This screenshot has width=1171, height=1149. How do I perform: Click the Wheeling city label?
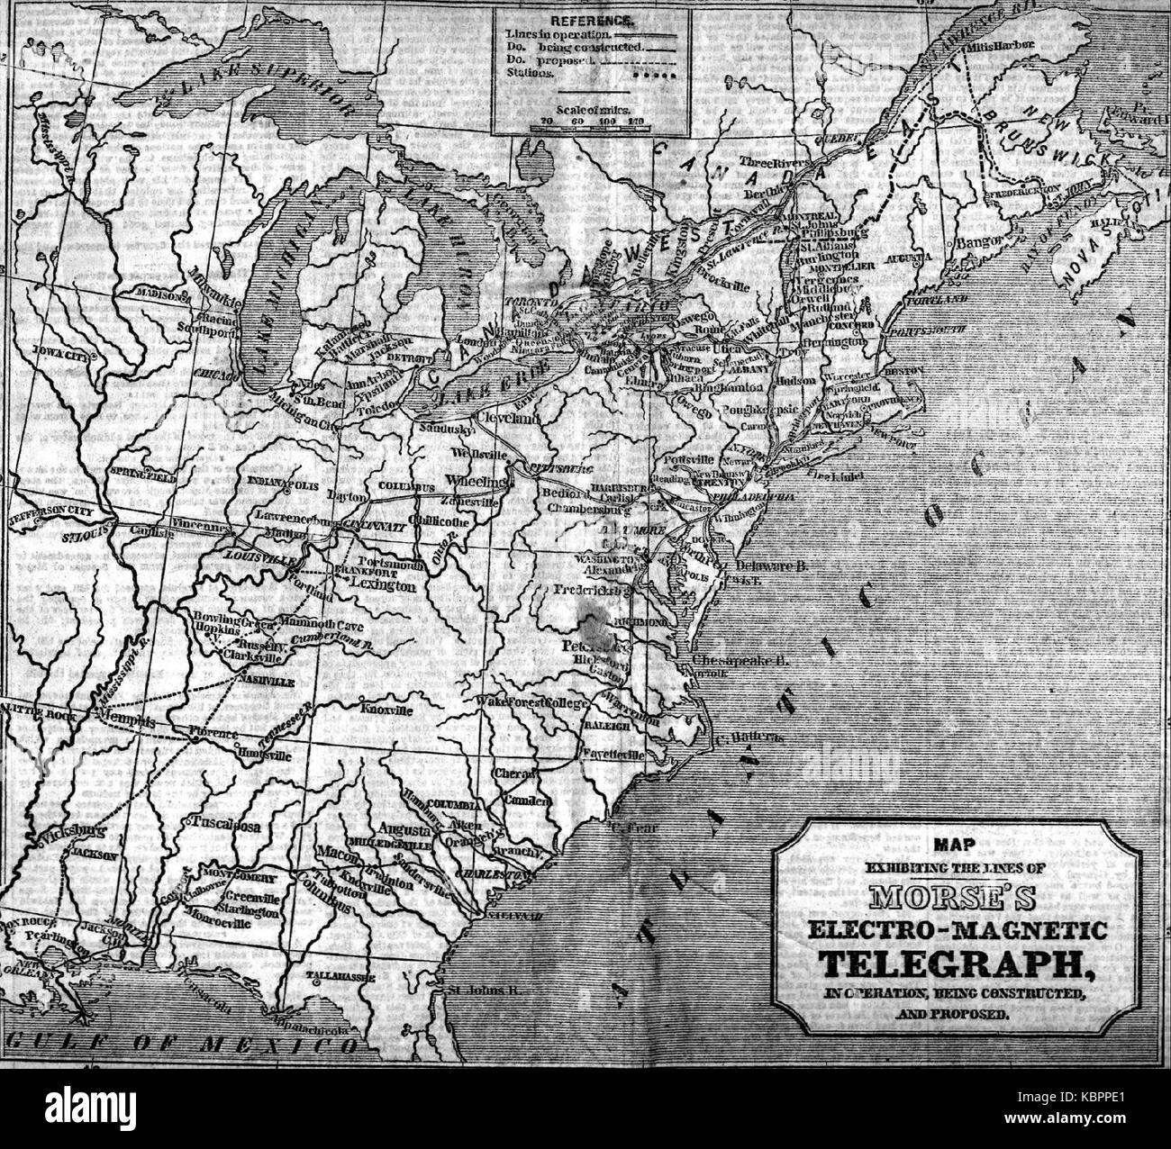click(x=477, y=480)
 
